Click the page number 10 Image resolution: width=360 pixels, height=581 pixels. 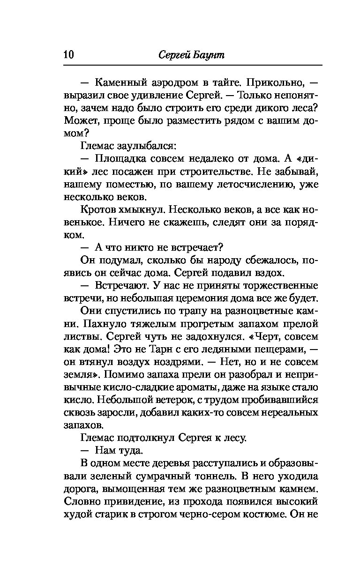click(x=68, y=55)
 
